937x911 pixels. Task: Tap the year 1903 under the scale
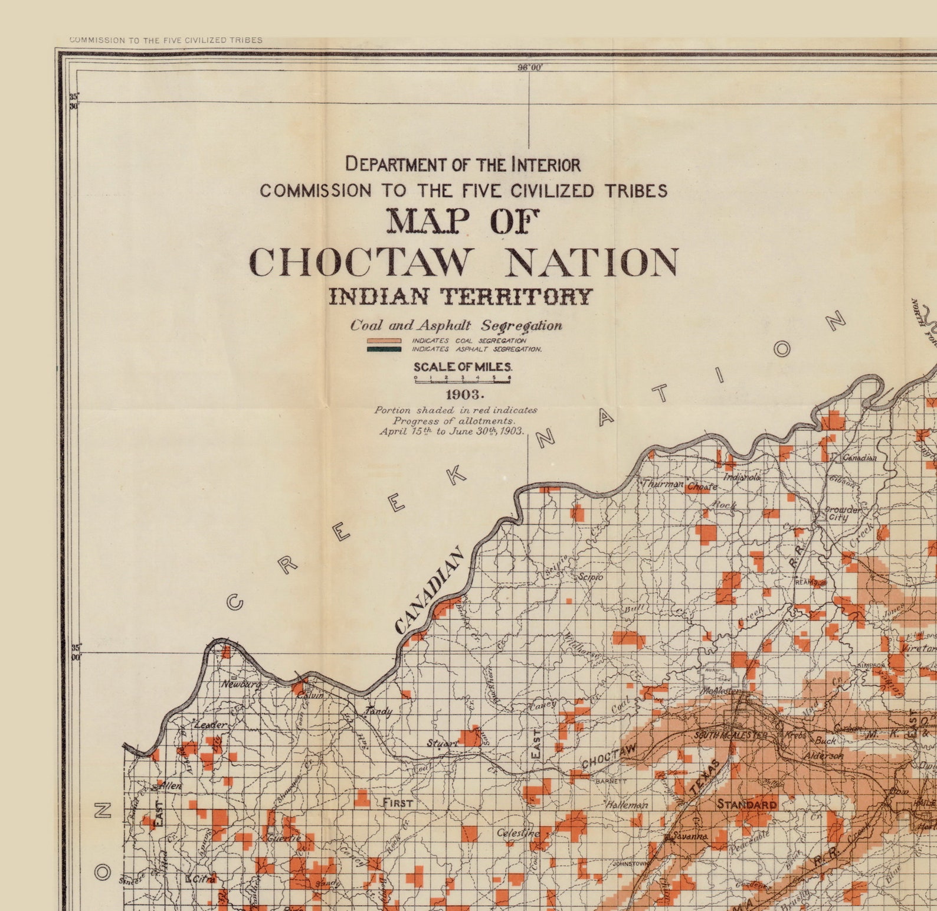[x=464, y=394]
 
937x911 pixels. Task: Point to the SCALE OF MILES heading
[x=463, y=367]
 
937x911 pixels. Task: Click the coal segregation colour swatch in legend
[x=384, y=341]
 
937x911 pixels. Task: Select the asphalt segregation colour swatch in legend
[x=384, y=349]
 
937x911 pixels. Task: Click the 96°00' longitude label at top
[x=529, y=67]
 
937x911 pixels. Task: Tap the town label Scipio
[x=590, y=576]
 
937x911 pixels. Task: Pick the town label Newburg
[x=241, y=684]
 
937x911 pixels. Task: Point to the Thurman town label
[x=663, y=484]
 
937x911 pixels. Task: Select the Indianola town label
[x=742, y=477]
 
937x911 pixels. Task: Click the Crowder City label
[x=842, y=513]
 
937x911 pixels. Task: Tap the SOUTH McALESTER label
[x=731, y=735]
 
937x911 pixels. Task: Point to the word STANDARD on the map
[x=746, y=804]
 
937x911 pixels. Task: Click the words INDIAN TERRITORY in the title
[x=460, y=296]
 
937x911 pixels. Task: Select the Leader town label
[x=210, y=724]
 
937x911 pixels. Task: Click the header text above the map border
[x=166, y=40]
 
